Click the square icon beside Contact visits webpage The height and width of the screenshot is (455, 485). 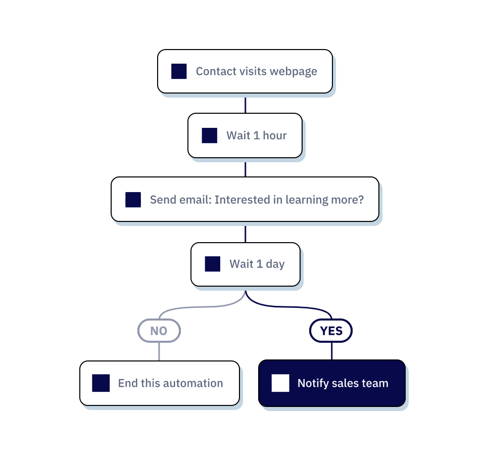tap(179, 71)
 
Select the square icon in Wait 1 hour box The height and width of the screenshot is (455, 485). tap(209, 135)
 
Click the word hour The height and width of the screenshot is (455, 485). tap(274, 135)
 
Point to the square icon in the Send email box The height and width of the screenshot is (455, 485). tap(133, 200)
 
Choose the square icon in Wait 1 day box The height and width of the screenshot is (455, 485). tap(212, 264)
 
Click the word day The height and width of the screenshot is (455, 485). tap(275, 264)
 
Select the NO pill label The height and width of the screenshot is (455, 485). tap(159, 331)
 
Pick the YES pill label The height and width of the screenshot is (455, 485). tap(331, 331)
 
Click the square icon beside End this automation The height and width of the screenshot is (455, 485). tap(101, 383)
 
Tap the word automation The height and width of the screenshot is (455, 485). tap(195, 383)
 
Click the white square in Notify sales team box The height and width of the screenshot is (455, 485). tap(280, 383)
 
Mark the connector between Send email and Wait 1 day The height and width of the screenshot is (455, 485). tap(246, 233)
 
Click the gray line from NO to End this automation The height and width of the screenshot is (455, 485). tap(159, 352)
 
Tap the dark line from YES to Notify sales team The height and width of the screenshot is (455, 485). tap(331, 351)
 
